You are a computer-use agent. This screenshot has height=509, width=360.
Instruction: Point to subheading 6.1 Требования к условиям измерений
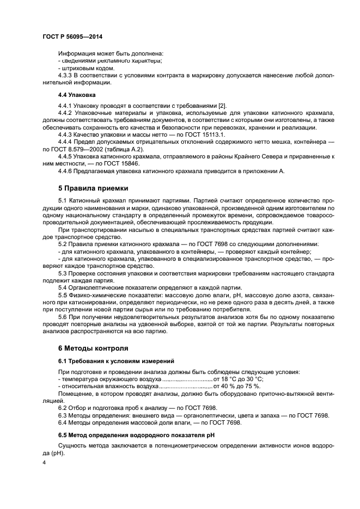[116, 360]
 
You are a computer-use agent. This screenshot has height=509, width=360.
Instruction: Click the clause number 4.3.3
[65, 75]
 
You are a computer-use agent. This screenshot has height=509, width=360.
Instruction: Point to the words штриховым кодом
[83, 68]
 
